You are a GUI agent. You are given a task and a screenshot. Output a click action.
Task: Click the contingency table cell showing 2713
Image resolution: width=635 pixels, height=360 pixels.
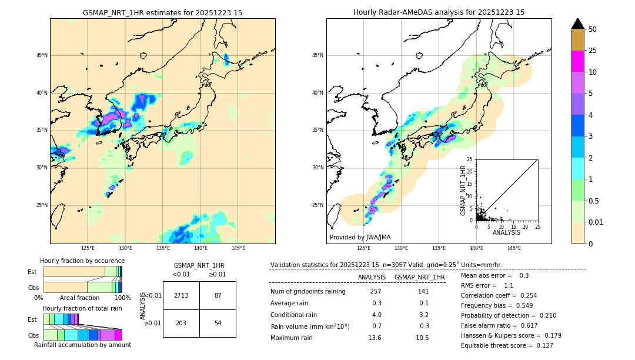click(x=181, y=295)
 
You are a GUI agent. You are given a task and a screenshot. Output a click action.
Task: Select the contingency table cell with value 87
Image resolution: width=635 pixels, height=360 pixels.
click(x=218, y=295)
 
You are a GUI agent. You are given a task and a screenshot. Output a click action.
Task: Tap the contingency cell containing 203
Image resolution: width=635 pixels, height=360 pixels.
click(x=181, y=323)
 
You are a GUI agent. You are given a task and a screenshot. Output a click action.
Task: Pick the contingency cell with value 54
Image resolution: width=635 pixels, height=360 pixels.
click(x=218, y=323)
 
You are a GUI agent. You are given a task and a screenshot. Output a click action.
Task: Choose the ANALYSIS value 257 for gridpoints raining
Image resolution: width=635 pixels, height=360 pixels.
click(x=376, y=291)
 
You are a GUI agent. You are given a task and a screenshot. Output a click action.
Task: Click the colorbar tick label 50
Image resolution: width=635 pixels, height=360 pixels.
click(x=593, y=29)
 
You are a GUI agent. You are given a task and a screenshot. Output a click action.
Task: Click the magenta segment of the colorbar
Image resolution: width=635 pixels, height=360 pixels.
click(x=577, y=61)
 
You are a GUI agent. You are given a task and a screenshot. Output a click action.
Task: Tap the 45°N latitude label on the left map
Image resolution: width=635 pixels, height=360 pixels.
click(x=41, y=55)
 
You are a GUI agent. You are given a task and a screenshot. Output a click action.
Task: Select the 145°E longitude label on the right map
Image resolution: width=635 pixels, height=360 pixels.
click(x=514, y=248)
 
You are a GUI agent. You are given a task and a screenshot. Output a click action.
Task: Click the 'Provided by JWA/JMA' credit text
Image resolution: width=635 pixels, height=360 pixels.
click(x=360, y=237)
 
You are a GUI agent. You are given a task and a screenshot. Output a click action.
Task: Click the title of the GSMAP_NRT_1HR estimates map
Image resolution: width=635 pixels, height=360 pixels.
click(x=162, y=12)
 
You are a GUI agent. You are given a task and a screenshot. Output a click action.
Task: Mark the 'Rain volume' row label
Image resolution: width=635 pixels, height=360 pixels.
click(x=310, y=326)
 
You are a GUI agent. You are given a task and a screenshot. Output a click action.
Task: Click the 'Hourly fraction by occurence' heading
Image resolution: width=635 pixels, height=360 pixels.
click(x=82, y=261)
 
